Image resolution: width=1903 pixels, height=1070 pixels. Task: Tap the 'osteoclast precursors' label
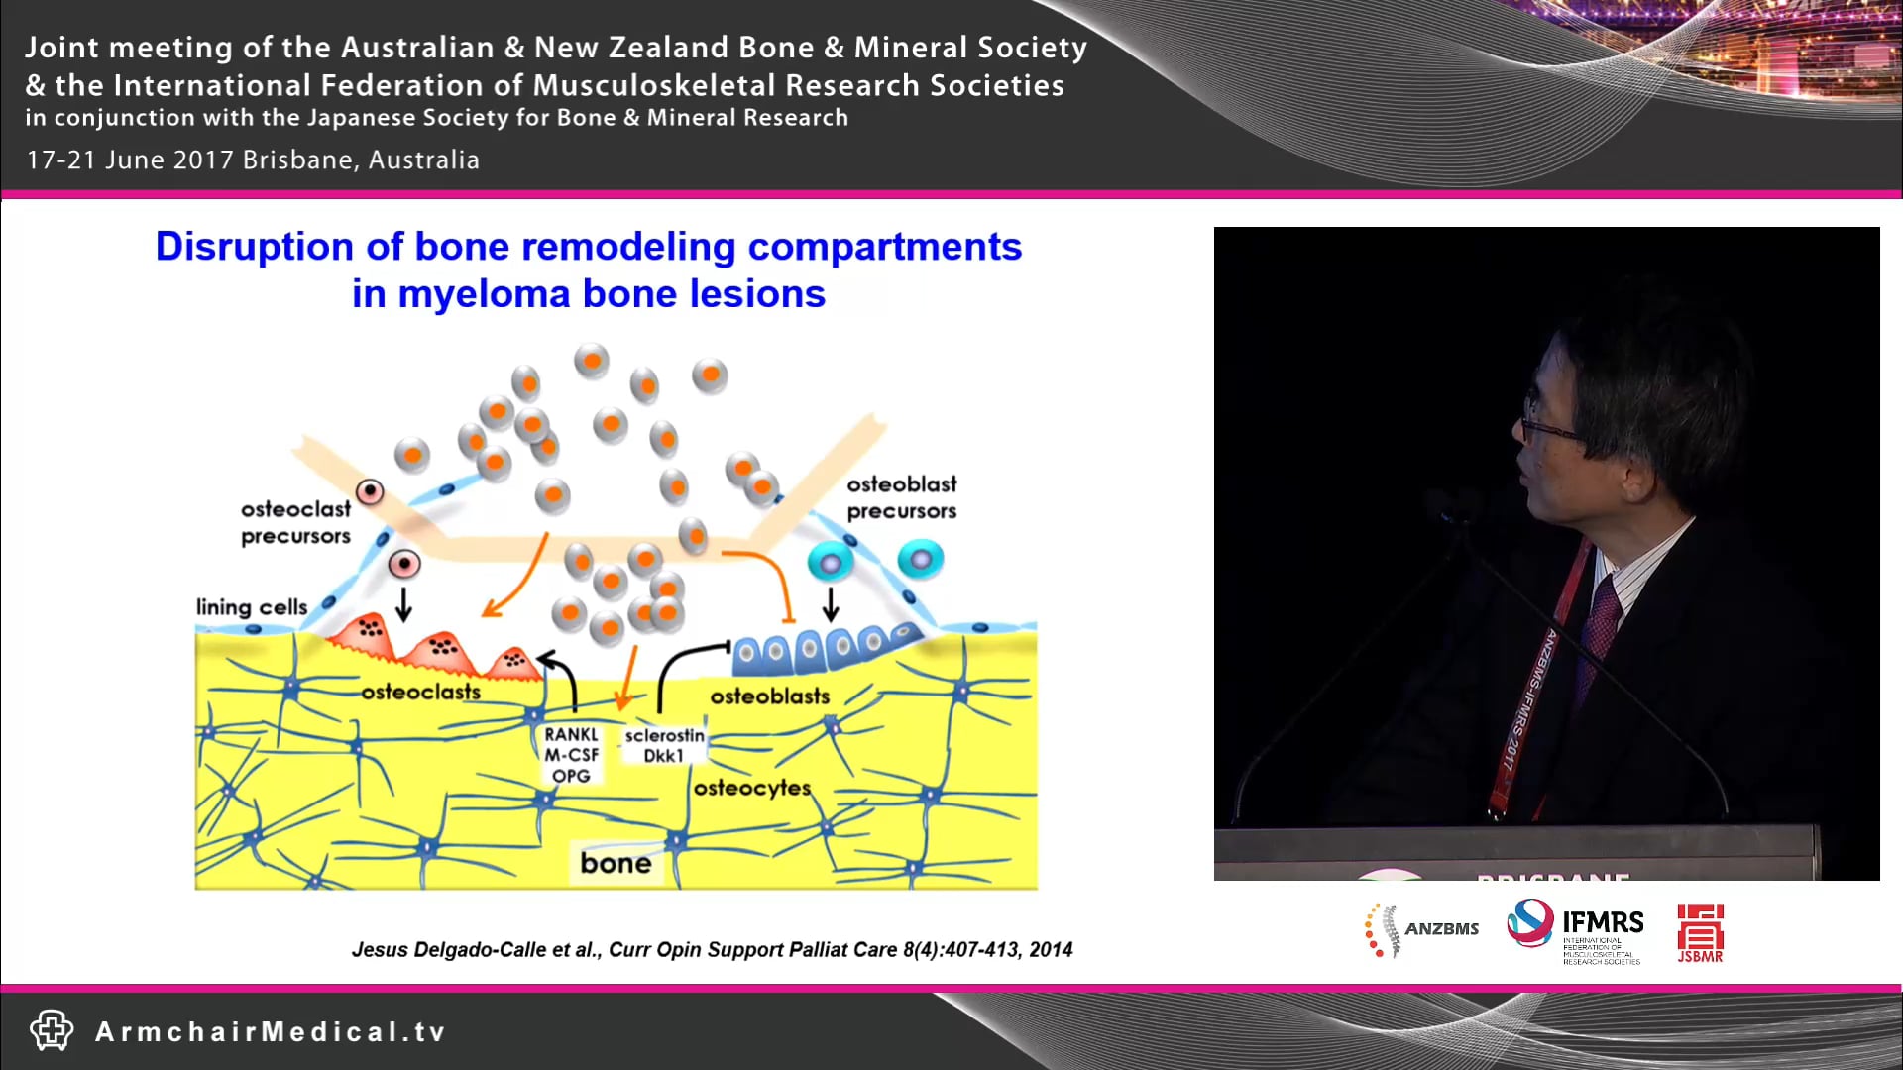tap(295, 522)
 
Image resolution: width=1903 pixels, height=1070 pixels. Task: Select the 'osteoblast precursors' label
tap(901, 497)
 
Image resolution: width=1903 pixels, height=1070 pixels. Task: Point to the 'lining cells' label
tap(251, 606)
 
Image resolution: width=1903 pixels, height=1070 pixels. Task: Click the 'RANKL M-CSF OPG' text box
tap(571, 755)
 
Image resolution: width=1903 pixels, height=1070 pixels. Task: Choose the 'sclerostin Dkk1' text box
tap(664, 745)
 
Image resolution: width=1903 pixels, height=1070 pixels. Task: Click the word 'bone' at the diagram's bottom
tap(616, 863)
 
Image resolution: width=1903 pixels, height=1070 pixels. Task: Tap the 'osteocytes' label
tap(751, 788)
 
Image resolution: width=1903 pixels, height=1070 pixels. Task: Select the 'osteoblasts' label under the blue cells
tap(769, 696)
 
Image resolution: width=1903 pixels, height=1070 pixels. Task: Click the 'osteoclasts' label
tap(420, 692)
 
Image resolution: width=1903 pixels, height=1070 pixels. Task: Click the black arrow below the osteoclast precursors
tap(403, 603)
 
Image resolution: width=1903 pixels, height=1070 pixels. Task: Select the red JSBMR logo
tap(1699, 932)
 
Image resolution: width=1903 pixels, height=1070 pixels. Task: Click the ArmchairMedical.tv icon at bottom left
tap(51, 1030)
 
